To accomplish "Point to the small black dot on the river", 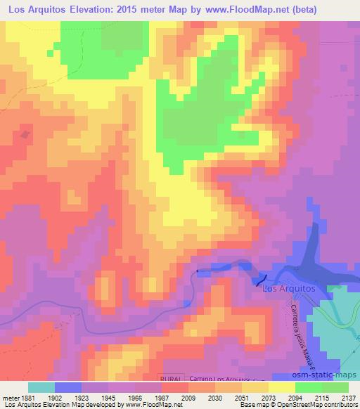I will (198, 271).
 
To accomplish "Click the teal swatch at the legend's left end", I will (41, 387).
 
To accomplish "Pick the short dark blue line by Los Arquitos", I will (257, 282).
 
